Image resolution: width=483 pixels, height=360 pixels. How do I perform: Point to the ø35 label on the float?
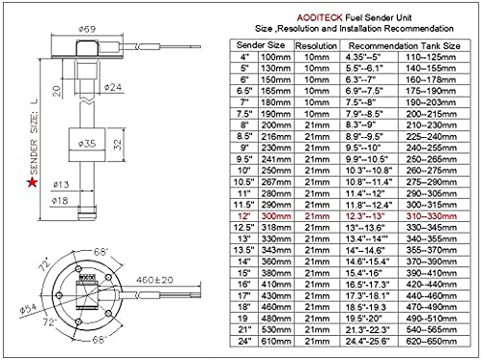(x=85, y=144)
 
